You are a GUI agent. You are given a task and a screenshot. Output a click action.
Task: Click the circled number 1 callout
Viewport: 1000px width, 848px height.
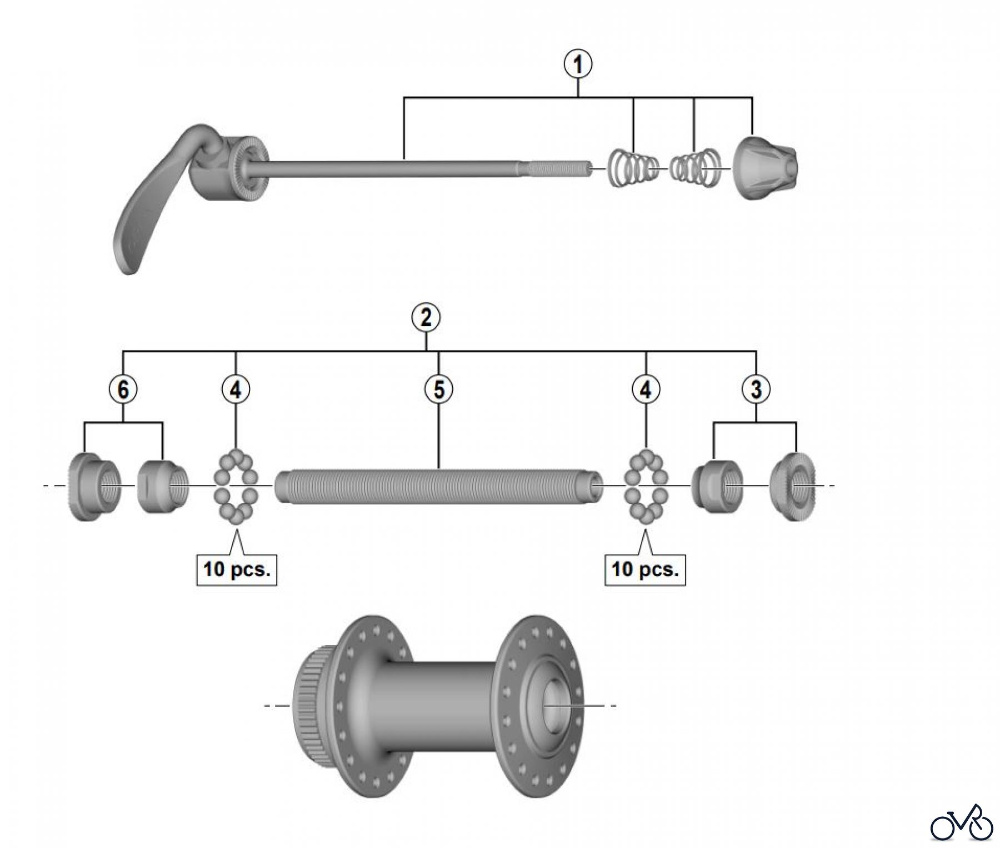coord(578,64)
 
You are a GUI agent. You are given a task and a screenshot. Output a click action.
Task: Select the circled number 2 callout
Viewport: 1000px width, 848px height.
coord(426,318)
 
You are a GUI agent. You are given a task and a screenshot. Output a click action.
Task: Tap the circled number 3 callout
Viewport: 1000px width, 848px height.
coord(756,389)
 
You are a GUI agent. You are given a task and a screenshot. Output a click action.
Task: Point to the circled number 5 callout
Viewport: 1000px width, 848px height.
coord(439,389)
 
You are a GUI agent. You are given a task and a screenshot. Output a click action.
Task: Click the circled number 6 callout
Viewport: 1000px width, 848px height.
coord(123,389)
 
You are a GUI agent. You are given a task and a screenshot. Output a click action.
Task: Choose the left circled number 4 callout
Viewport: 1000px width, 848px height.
coord(236,389)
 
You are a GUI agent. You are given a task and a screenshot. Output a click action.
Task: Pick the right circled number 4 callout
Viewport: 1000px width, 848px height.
coord(646,389)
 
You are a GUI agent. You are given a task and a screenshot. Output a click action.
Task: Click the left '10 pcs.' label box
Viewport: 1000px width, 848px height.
coord(237,569)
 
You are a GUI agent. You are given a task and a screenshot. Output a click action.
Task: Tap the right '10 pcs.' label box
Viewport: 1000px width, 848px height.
coord(645,569)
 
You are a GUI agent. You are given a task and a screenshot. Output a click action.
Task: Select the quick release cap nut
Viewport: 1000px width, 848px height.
coord(767,167)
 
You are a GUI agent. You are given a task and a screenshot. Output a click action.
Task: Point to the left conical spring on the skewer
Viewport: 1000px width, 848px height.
coord(632,168)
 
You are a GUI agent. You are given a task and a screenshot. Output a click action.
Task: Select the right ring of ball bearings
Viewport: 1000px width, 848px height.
coord(646,487)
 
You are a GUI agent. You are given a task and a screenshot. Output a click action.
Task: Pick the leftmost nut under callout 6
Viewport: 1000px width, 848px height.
coord(94,487)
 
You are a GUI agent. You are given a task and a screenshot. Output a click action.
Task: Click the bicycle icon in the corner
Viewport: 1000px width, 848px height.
coord(961,822)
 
